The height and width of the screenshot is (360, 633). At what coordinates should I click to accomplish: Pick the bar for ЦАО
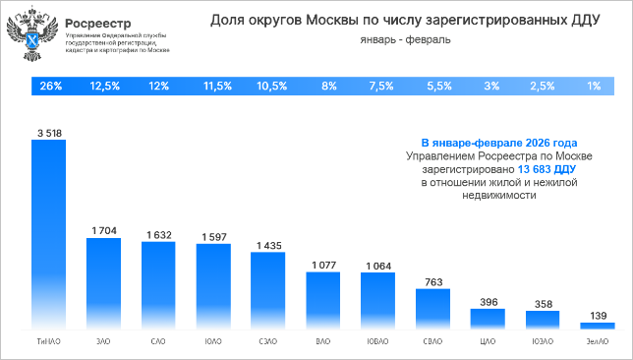pyautogui.click(x=488, y=318)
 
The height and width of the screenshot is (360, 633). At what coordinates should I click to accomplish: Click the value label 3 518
pyautogui.click(x=49, y=132)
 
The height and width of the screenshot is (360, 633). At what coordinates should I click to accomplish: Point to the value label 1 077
pyautogui.click(x=323, y=265)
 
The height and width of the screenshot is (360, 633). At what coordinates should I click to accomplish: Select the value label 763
pyautogui.click(x=432, y=281)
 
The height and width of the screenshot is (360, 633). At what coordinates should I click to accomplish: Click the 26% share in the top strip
pyautogui.click(x=51, y=87)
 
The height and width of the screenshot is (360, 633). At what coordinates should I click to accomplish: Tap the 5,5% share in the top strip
pyautogui.click(x=433, y=87)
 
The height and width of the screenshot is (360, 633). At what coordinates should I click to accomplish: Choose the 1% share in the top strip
pyautogui.click(x=594, y=87)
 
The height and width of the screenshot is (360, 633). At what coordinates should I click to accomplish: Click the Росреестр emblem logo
pyautogui.click(x=31, y=37)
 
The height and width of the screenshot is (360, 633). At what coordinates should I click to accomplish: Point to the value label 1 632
pyautogui.click(x=158, y=234)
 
